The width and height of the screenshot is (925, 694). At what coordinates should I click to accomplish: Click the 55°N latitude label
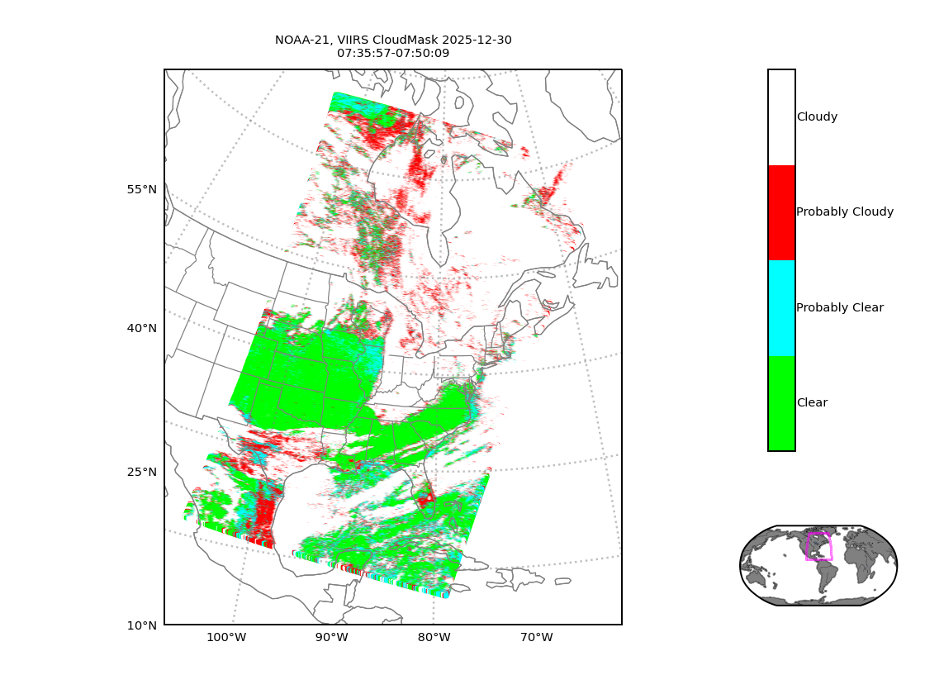(141, 189)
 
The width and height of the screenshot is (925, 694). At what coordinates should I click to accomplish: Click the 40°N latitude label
(141, 328)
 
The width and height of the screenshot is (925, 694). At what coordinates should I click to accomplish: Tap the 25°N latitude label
(141, 472)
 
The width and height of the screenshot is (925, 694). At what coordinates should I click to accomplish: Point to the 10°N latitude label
(141, 625)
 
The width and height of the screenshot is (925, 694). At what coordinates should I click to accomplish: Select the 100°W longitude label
(226, 637)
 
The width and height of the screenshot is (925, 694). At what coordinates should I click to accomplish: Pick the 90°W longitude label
(331, 637)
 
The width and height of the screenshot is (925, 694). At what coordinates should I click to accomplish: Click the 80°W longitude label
(434, 637)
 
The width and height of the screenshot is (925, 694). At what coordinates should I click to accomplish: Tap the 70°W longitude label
(536, 637)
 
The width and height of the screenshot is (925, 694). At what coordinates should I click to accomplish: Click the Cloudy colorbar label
(817, 117)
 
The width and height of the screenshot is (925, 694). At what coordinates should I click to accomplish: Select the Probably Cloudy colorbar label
(845, 212)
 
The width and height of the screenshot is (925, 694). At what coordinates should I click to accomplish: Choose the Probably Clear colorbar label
(840, 307)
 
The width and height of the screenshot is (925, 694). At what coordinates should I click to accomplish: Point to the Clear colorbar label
(812, 403)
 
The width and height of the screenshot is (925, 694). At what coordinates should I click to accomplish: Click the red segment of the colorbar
(781, 212)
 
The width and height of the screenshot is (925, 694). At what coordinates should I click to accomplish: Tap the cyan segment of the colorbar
(781, 308)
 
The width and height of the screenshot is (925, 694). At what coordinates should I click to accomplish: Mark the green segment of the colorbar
(781, 403)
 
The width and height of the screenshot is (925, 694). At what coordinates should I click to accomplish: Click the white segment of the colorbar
(781, 117)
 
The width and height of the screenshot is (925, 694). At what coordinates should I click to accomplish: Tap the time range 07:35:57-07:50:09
(393, 53)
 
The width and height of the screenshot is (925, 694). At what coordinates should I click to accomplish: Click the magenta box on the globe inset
(818, 546)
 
